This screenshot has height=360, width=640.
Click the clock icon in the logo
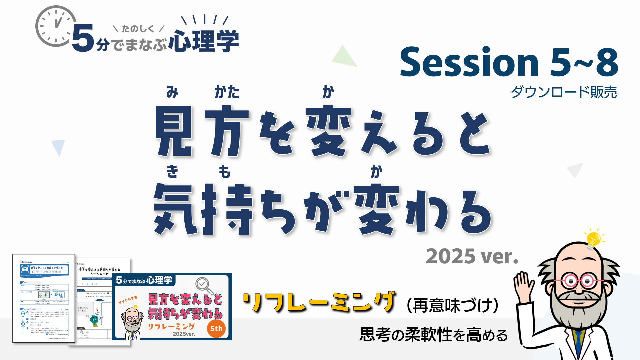coord(56,26)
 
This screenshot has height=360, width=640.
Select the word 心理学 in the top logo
coord(204,41)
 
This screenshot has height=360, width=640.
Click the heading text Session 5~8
coord(509,62)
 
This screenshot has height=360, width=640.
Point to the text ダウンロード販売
coord(564,92)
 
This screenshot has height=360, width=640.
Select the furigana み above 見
coord(172,92)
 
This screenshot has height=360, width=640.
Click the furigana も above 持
coord(225,172)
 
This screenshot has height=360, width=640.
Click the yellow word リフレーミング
coord(319,302)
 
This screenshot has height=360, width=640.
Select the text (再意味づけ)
coord(452,305)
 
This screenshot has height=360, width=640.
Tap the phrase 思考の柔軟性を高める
coord(434,335)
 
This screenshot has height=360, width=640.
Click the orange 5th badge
coord(216,329)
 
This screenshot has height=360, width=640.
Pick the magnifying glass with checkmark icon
coord(204,285)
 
